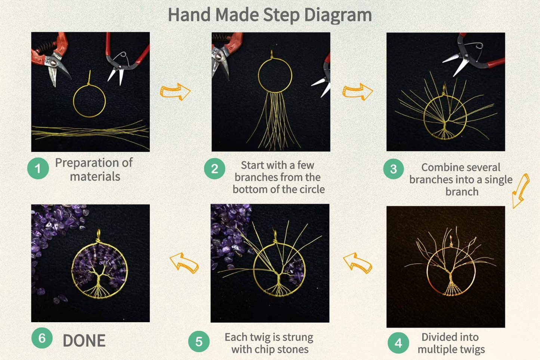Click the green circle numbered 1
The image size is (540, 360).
point(38,168)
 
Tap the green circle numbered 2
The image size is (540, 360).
point(215,169)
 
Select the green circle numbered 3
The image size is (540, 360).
point(394,169)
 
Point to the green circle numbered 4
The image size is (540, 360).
point(398,343)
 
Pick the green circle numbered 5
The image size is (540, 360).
point(199,341)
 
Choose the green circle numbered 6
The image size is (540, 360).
point(42,338)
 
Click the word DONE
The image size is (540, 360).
point(84,341)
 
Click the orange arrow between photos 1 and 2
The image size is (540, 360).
point(175,92)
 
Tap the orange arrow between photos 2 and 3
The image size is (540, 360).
point(358,92)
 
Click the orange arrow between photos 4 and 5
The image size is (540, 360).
point(357,263)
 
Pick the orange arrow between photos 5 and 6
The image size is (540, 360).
point(184,263)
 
